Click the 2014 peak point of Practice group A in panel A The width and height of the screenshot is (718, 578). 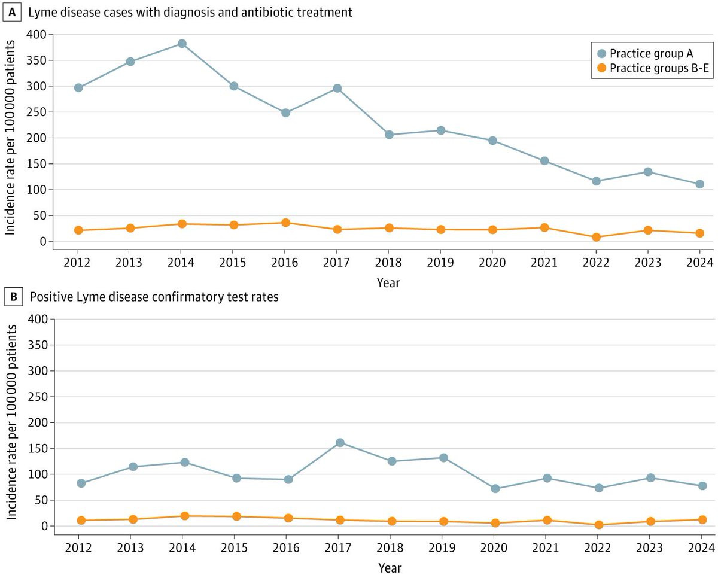[182, 44]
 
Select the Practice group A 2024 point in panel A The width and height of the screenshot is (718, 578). [699, 184]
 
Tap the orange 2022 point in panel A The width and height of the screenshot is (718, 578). [596, 237]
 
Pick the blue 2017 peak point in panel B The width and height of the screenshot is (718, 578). [340, 443]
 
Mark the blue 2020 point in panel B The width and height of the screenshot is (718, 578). [495, 489]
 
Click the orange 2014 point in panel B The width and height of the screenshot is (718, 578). [184, 516]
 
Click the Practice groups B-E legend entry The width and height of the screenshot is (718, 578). [653, 68]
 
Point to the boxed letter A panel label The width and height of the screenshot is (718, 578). [12, 13]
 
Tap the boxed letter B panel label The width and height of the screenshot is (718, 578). [13, 297]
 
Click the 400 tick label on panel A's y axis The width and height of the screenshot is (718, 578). [37, 34]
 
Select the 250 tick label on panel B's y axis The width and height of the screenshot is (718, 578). [38, 397]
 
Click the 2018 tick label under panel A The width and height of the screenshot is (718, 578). [388, 263]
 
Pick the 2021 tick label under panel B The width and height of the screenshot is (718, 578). [546, 547]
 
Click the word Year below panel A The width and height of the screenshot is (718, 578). [388, 282]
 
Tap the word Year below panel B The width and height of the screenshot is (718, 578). [390, 568]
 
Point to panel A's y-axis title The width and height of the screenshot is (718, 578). [10, 138]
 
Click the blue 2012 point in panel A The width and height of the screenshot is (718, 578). [78, 88]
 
